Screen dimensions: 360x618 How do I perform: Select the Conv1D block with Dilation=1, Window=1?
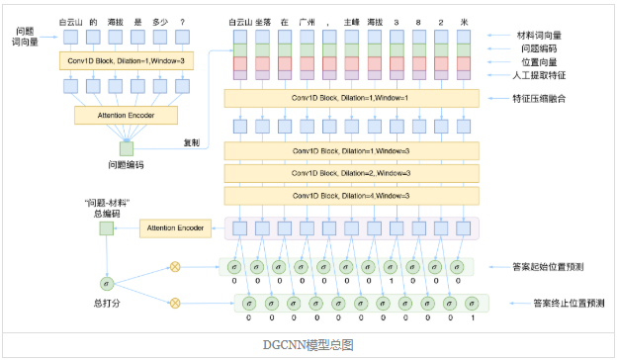pyautogui.click(x=351, y=99)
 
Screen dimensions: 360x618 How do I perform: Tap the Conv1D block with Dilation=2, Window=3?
pyautogui.click(x=351, y=173)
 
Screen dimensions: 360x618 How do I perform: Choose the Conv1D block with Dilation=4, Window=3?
pyautogui.click(x=351, y=196)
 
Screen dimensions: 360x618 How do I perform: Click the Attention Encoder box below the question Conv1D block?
pyautogui.click(x=125, y=115)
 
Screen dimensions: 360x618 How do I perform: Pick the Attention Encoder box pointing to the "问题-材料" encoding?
pyautogui.click(x=175, y=228)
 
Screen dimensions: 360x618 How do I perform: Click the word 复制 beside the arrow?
pyautogui.click(x=194, y=142)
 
